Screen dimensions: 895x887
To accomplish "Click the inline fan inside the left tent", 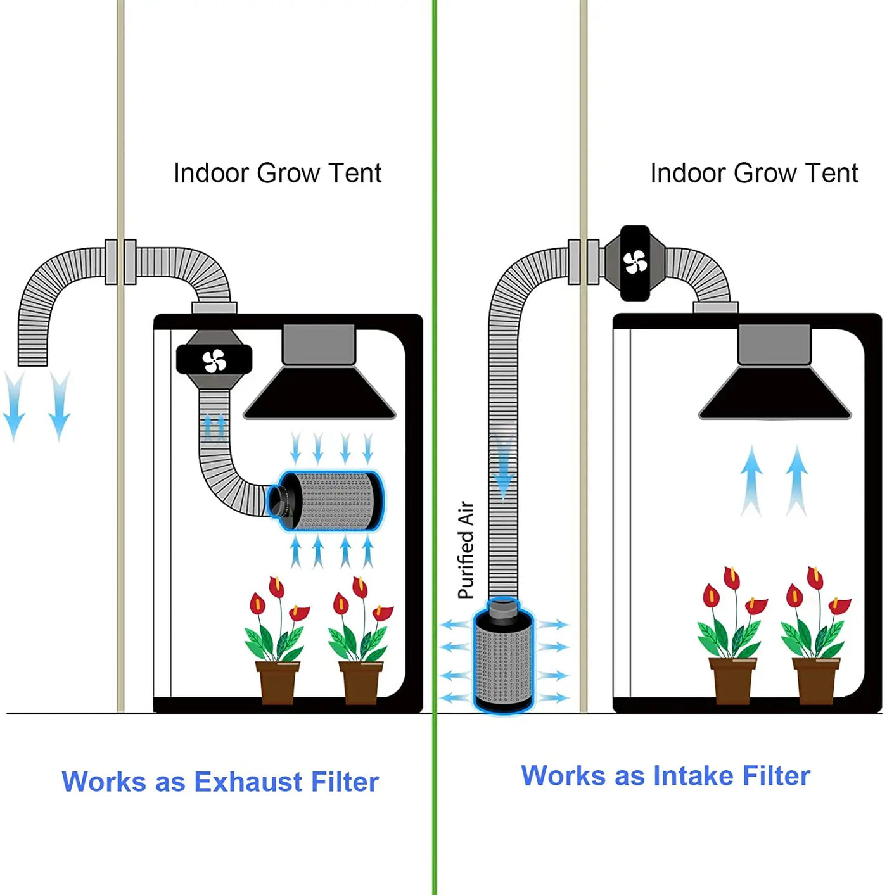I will point(214,360).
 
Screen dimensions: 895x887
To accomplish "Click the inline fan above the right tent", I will point(635,262).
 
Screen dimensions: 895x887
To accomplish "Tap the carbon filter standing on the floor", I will point(504,659).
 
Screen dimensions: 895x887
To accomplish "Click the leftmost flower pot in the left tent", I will point(277,682).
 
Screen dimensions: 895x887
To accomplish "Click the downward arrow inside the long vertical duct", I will point(504,469).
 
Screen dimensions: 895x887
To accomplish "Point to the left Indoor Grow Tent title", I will point(278,174).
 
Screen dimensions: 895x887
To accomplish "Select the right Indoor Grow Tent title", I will point(754,174).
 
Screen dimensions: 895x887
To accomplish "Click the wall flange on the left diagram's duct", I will point(120,262).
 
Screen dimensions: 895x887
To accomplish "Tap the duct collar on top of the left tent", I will point(214,308).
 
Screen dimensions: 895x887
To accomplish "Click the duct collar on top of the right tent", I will point(715,307).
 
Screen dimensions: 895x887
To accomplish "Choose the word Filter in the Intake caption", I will point(776,776).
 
